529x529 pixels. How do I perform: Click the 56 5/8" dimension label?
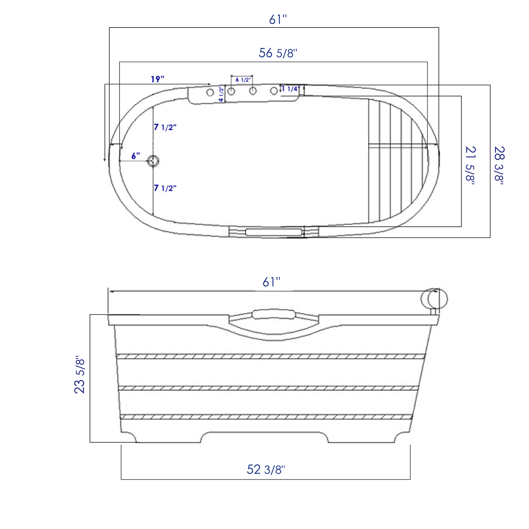(278, 53)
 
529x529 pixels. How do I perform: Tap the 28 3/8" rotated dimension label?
(499, 165)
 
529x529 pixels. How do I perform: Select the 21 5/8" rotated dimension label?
(470, 165)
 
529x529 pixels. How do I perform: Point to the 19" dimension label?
(157, 79)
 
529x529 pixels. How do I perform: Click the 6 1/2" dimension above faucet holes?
(243, 80)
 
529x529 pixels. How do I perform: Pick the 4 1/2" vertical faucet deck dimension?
(221, 94)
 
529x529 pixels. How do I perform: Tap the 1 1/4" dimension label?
(291, 89)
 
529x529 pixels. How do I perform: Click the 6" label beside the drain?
(135, 156)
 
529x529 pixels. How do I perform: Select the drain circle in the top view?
(153, 161)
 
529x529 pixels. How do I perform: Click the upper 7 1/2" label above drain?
(165, 127)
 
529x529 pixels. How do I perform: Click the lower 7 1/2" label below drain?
(165, 188)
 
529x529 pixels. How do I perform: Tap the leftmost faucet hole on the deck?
(210, 93)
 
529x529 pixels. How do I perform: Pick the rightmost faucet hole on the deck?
(274, 91)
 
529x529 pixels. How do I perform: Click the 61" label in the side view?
(272, 282)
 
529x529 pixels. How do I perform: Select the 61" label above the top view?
(278, 20)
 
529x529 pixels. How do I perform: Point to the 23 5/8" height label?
(80, 375)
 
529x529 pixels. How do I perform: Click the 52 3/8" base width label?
(266, 469)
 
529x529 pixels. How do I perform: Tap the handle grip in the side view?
(273, 314)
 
